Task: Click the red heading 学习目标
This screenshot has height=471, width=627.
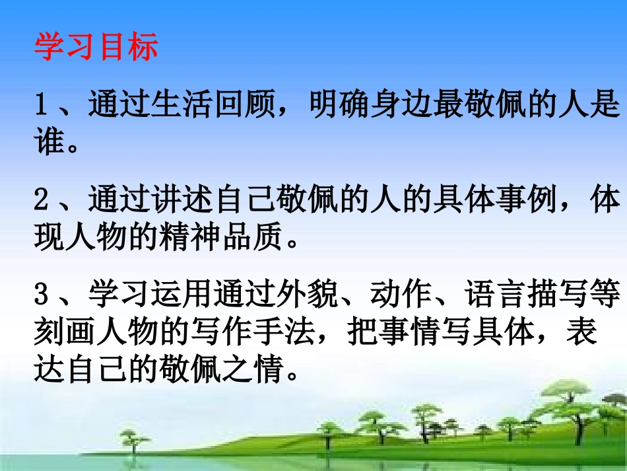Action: (x=96, y=48)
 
